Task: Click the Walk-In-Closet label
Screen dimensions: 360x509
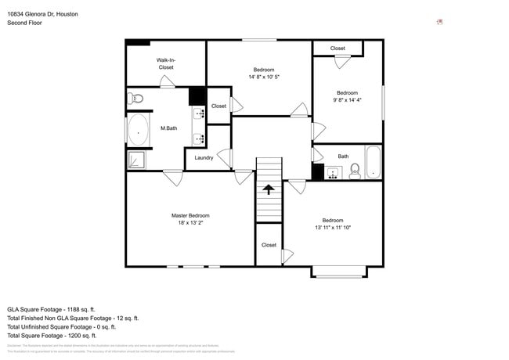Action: click(165, 63)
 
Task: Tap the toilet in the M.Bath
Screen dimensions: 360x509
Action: click(137, 98)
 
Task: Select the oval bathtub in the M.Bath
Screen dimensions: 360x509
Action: click(139, 131)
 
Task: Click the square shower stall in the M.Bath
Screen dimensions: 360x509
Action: click(136, 160)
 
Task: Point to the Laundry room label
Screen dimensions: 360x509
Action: click(204, 158)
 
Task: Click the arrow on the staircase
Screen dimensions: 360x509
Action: click(269, 189)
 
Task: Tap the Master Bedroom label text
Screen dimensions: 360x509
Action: click(190, 215)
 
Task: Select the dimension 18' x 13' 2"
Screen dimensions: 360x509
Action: click(190, 222)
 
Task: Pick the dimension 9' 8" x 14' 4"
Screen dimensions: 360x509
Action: click(347, 99)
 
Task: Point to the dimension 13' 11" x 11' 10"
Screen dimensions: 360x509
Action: click(332, 228)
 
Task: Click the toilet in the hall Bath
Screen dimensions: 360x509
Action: click(354, 171)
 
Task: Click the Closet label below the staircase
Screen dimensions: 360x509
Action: click(269, 245)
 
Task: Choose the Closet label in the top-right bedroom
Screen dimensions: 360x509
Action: click(338, 49)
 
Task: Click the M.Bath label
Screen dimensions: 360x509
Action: click(168, 128)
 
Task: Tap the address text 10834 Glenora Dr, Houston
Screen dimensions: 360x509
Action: click(42, 14)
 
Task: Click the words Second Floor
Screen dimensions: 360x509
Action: click(24, 23)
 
